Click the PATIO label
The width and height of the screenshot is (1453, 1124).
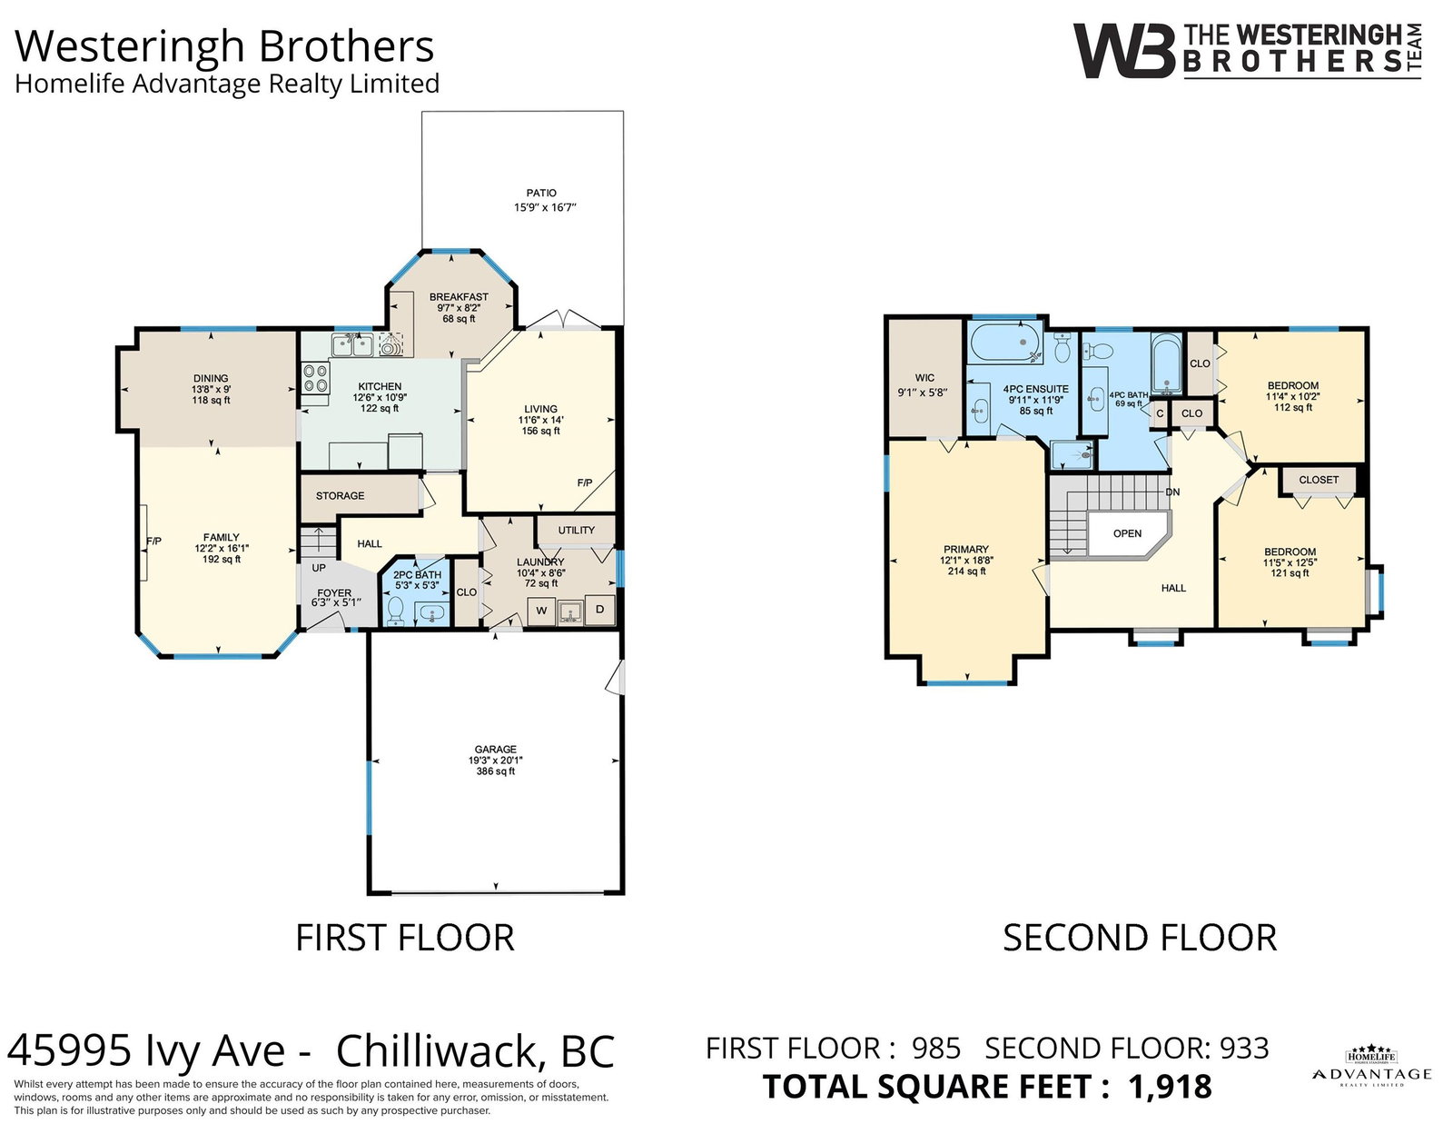point(541,193)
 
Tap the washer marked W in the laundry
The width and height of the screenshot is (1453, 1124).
point(541,611)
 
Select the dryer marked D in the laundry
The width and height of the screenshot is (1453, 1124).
point(599,610)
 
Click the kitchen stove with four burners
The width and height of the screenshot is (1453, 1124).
point(316,378)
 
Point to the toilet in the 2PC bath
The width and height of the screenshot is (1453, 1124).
point(396,611)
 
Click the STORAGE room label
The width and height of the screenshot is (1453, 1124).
point(341,496)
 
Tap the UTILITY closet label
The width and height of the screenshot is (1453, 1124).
point(577,530)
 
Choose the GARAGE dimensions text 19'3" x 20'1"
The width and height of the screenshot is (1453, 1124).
point(496,760)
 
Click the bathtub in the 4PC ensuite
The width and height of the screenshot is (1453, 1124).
point(1006,342)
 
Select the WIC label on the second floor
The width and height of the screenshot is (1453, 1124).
point(924,378)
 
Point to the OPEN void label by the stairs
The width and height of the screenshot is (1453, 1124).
point(1127,533)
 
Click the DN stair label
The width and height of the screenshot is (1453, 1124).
point(1172,492)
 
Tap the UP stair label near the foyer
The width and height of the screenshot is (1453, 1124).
point(319,567)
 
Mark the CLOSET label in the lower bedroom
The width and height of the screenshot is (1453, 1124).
point(1319,480)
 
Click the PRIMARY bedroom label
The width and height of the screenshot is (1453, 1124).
point(966,550)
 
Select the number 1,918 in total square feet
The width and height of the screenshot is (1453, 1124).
point(1171,1087)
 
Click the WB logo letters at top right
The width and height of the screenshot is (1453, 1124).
point(1124,51)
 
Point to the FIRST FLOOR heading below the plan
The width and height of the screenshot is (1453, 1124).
point(405,938)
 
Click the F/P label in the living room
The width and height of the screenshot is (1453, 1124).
point(585,482)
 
